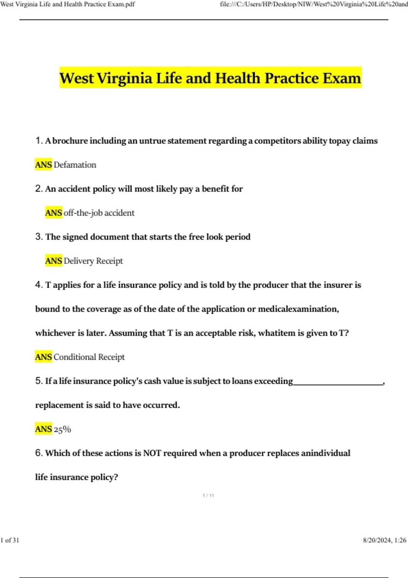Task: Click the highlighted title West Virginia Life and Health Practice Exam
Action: pos(210,78)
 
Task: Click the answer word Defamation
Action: pos(75,165)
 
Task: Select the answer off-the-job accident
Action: pos(99,213)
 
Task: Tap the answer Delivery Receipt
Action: pos(93,261)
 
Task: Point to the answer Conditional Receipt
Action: pos(89,357)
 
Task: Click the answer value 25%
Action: pos(62,429)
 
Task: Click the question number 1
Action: pos(38,140)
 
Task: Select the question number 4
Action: pos(38,285)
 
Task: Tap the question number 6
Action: pos(38,453)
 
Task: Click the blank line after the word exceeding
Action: pos(338,383)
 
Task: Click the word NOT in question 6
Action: pos(152,453)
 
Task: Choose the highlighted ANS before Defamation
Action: pos(44,165)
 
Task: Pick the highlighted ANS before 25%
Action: pos(44,429)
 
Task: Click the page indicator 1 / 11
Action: pos(208,495)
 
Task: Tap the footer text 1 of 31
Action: pos(10,540)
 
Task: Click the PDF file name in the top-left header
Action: pos(68,4)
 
